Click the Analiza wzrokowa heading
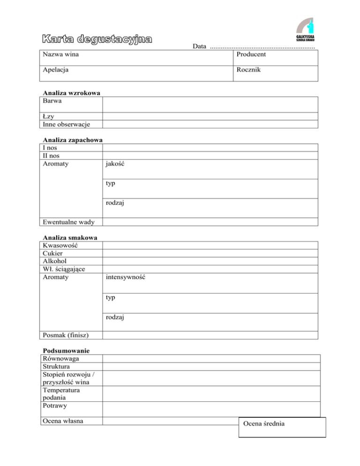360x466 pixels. pos(71,93)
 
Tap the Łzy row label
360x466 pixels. pos(48,116)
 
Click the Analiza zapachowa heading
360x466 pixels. pos(73,140)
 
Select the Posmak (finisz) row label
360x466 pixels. pos(66,335)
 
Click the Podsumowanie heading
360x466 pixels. pos(66,351)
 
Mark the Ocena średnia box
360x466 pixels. pos(282,427)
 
